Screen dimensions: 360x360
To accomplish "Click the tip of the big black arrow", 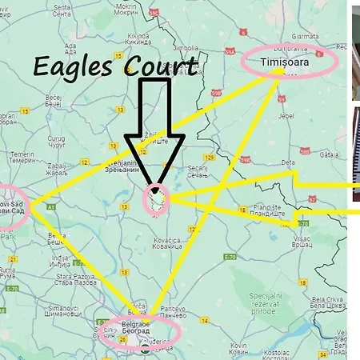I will [x=154, y=185].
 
